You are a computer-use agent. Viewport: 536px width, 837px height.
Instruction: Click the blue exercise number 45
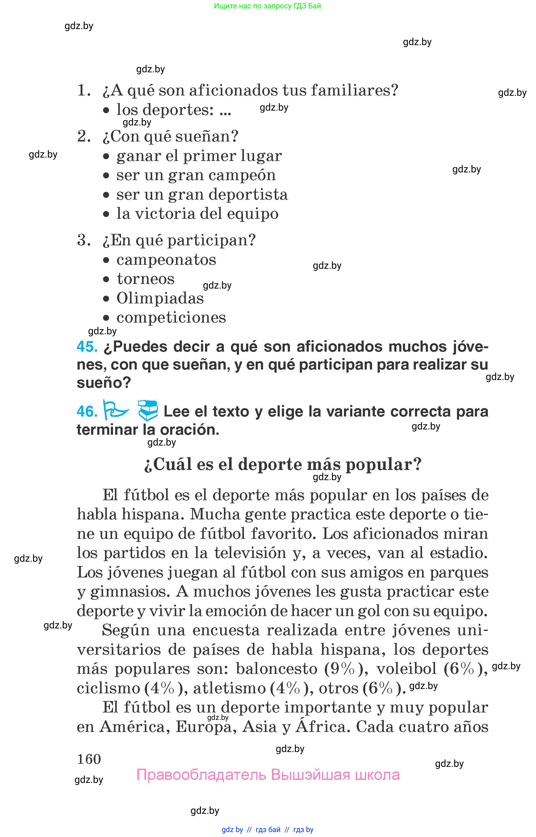tap(87, 347)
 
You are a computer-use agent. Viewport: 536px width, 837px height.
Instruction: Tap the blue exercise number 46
tap(87, 411)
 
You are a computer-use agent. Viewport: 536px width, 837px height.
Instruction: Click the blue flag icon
tap(115, 409)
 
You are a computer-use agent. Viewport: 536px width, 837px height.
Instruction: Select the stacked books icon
tap(148, 410)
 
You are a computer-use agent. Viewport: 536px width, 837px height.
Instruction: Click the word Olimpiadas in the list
tap(160, 298)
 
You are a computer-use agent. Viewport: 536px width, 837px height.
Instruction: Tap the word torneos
tap(145, 279)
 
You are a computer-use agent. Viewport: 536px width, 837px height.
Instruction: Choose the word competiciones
tap(171, 317)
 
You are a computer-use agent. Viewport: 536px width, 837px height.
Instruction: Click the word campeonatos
tap(166, 260)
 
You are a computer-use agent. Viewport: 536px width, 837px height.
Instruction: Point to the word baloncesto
tap(277, 668)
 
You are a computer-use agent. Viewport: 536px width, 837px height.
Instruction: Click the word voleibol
tap(406, 668)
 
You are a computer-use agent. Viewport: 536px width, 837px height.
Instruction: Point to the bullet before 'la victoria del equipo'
tap(106, 214)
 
